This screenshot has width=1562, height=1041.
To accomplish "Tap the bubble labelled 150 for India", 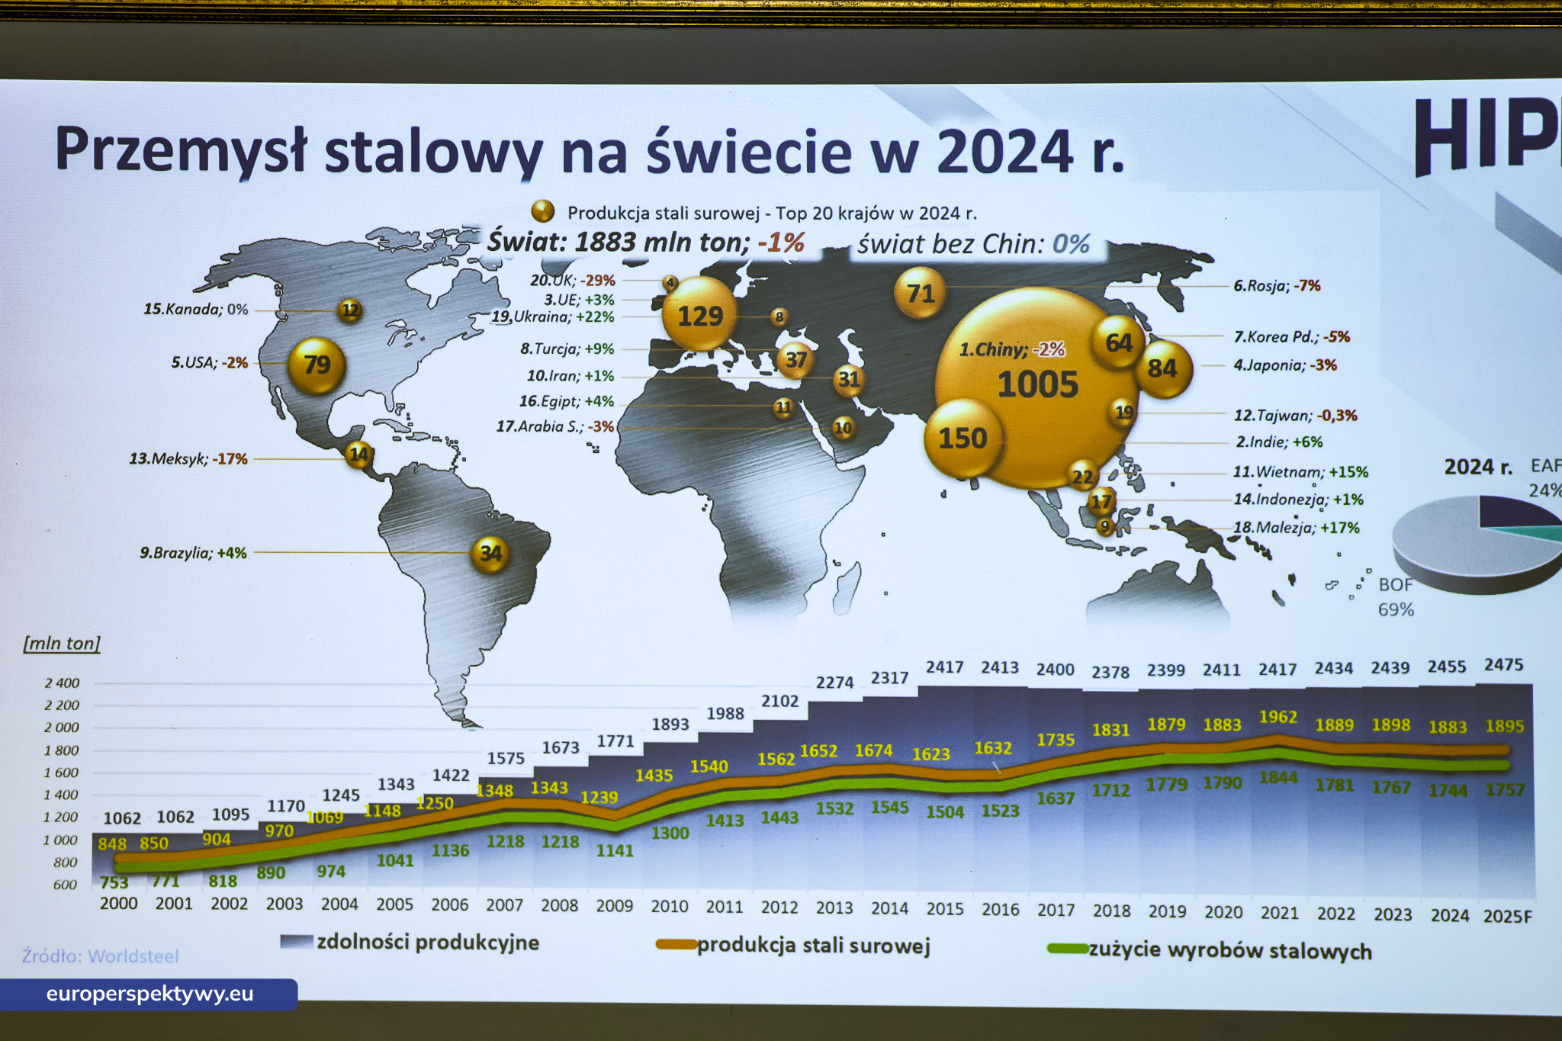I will point(963,439).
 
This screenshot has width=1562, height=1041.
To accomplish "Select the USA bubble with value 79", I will point(317,365).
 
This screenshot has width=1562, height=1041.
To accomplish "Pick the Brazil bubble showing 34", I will point(490,553).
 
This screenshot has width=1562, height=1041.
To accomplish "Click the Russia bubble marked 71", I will point(920,293).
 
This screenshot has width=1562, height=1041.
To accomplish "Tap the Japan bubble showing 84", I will point(1162,369).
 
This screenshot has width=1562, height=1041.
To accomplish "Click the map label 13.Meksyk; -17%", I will point(188,459).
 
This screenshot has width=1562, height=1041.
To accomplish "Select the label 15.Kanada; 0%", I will point(196,310).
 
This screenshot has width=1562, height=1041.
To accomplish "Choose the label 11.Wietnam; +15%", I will point(1300,472).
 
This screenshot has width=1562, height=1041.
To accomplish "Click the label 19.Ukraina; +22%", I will point(553,317).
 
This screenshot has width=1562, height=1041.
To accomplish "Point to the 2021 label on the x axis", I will point(1279,912).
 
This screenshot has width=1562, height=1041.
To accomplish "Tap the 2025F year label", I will point(1507,916).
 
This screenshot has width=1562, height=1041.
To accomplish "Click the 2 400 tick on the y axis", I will point(62,683).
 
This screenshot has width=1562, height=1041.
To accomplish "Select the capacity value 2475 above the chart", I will point(1503,665).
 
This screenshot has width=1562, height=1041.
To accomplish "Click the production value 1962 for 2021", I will point(1278,717).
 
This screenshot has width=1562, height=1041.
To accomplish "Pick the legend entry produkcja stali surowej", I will point(813,946).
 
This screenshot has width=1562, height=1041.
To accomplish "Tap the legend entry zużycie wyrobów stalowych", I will point(1229,951).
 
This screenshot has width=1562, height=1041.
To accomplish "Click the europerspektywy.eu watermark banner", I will point(149,994).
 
